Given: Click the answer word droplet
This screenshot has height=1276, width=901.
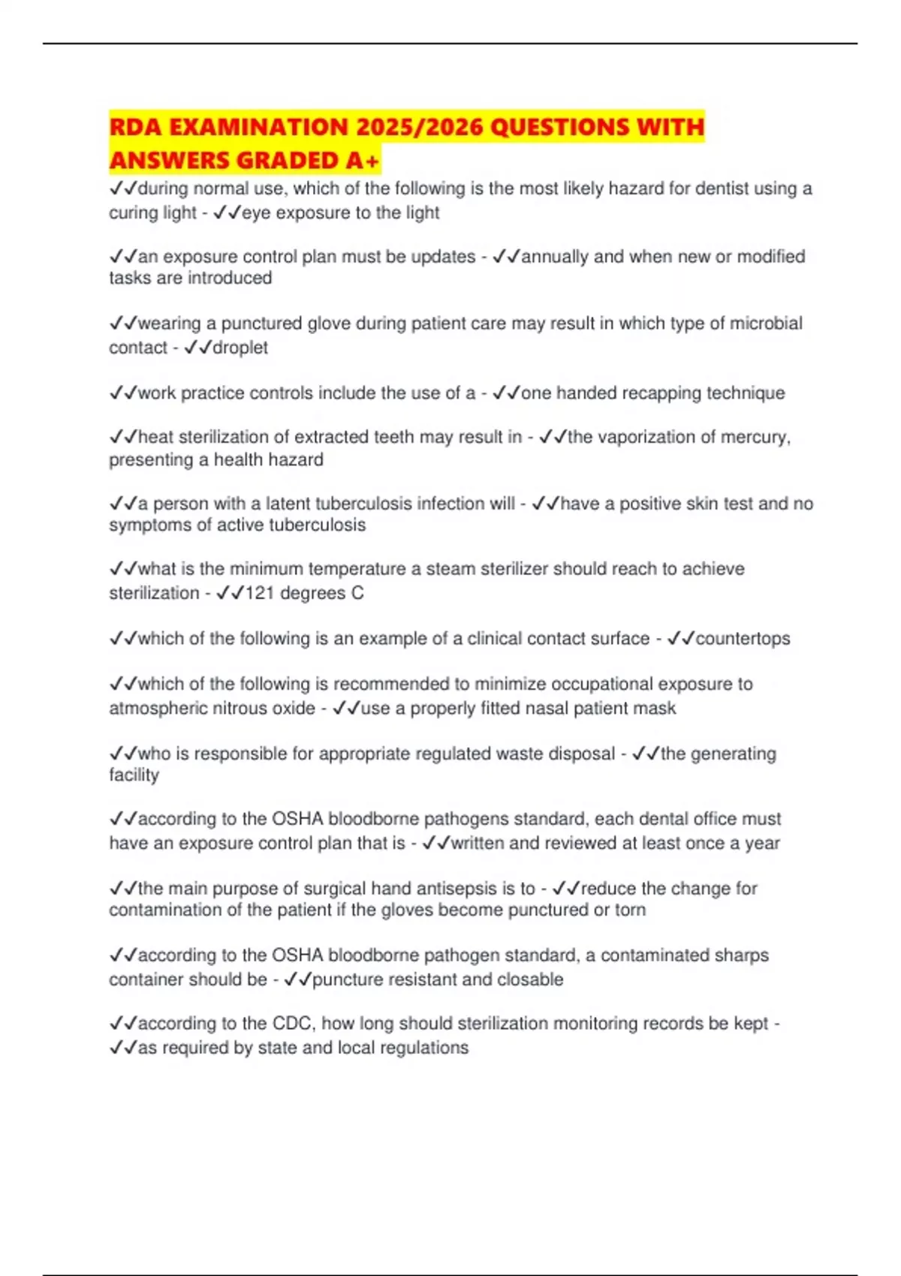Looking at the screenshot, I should click(240, 348).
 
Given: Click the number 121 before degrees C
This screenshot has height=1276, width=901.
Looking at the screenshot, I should click(260, 593).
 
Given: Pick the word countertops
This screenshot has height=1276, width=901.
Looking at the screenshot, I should click(743, 639).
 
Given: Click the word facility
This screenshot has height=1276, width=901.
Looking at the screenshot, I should click(134, 775).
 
